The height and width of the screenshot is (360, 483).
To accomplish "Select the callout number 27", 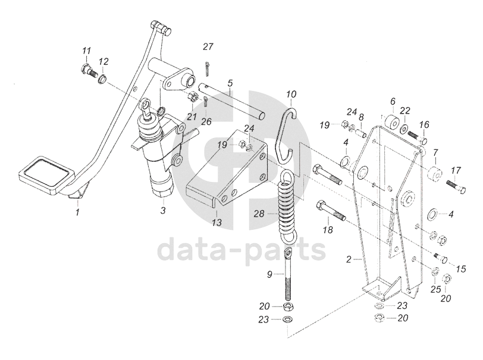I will click(208, 47).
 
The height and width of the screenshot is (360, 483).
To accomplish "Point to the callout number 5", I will click(229, 83).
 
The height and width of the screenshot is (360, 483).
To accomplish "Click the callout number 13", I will click(216, 223).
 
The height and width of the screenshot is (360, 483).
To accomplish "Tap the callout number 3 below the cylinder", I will click(162, 211).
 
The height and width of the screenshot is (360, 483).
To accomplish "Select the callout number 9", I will click(269, 274).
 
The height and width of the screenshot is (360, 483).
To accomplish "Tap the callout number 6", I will click(393, 102).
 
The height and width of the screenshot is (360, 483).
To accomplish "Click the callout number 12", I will click(103, 61).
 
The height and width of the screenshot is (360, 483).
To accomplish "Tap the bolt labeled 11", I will click(91, 71).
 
